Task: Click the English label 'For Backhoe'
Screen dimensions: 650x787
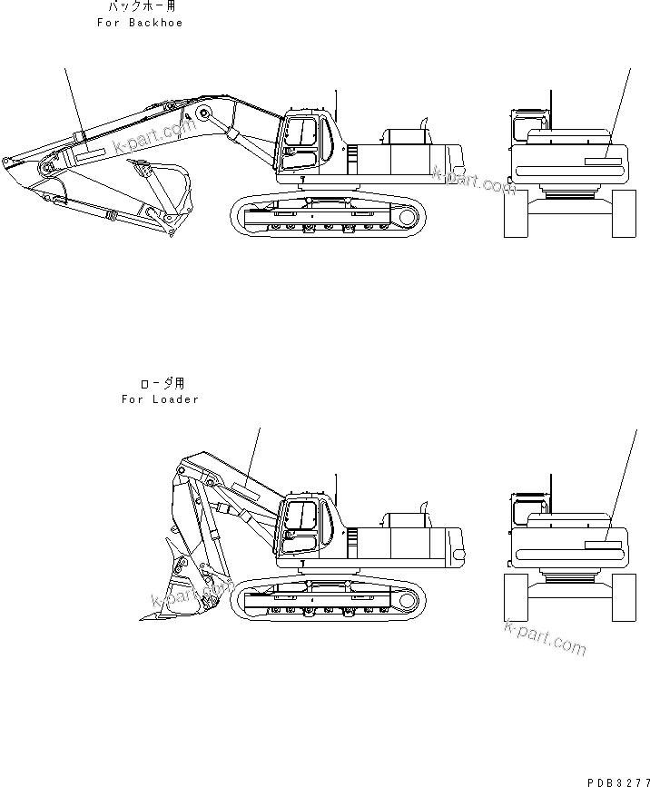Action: point(140,23)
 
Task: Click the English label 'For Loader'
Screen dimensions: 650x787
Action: point(160,399)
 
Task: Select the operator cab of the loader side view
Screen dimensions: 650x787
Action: point(301,524)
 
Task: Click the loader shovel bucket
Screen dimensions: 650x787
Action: point(186,590)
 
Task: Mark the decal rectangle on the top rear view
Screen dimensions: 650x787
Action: point(603,162)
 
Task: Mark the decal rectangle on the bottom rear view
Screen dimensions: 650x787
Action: point(603,546)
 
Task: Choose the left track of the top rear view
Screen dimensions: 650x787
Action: point(516,214)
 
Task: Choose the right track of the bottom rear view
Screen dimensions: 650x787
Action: point(625,597)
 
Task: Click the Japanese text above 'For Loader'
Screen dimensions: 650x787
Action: point(161,384)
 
